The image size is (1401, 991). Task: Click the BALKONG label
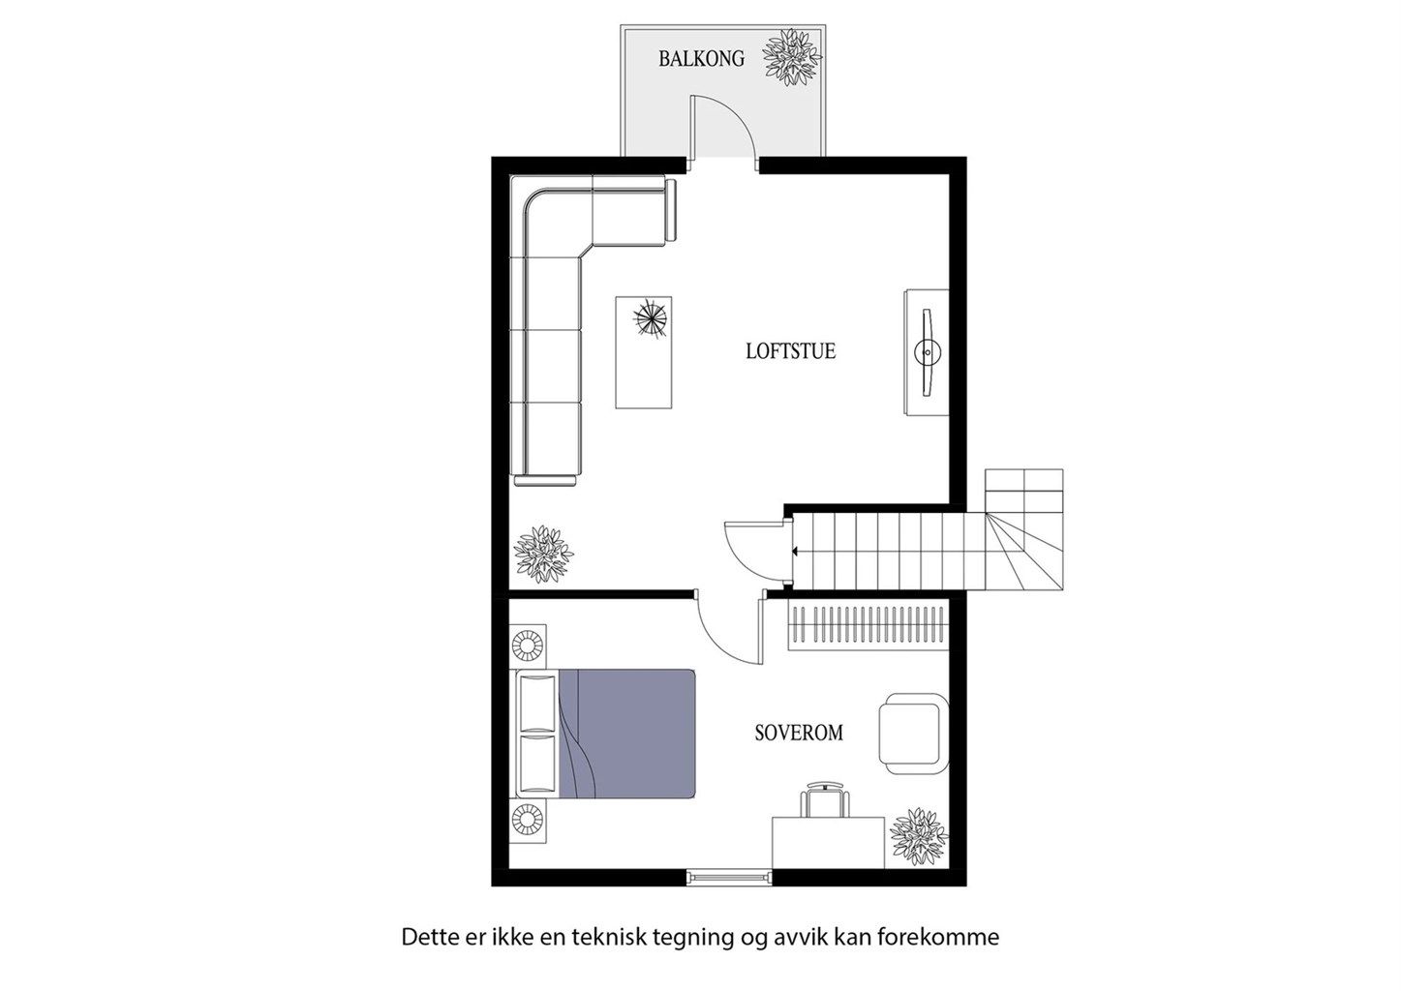701,59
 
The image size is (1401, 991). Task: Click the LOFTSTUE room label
790,351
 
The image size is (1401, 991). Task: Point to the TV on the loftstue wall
927,352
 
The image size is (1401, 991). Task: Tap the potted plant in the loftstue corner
542,554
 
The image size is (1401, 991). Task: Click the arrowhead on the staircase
794,552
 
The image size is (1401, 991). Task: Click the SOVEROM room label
798,734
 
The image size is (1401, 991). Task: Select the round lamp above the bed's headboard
529,644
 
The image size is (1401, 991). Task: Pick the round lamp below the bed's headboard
529,821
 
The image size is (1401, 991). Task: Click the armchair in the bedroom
911,733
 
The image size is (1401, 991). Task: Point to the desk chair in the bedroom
824,801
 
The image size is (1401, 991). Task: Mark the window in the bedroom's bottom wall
730,877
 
